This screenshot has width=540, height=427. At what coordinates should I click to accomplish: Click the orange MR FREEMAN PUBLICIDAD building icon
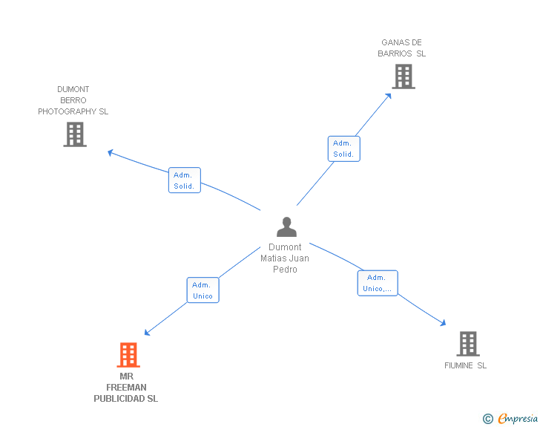[128, 354]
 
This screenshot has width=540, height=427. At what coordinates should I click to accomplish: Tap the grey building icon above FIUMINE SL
[468, 344]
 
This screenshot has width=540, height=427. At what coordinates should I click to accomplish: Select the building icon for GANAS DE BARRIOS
[404, 76]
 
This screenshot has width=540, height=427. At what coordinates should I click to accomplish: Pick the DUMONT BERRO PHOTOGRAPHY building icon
[75, 134]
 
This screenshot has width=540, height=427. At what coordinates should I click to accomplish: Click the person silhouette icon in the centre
[286, 226]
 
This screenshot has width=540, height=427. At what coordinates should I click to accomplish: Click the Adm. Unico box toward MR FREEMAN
[202, 290]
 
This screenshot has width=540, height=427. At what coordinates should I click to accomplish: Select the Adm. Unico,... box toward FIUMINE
[378, 283]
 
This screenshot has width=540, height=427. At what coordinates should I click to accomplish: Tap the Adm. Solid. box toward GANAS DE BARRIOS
[343, 149]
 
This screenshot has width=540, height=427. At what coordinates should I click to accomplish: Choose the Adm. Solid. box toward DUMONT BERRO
[184, 180]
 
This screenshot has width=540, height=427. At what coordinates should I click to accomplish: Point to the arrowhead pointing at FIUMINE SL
[444, 323]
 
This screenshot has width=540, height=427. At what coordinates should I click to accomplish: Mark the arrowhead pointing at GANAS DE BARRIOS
[389, 97]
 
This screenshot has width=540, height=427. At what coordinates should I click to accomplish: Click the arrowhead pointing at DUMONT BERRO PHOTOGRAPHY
[111, 152]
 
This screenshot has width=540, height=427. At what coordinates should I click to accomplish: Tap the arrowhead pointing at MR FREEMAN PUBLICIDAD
[147, 332]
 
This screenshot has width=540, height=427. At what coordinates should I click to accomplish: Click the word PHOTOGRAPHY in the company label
[67, 111]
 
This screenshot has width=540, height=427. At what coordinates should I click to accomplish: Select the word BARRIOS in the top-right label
[395, 53]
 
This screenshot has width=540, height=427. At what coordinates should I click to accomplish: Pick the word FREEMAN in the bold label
[126, 388]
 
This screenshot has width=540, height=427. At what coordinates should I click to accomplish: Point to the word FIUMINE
[458, 365]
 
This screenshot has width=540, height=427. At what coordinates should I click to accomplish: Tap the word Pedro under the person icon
[285, 270]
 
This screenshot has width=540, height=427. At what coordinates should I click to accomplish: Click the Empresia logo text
[518, 418]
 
